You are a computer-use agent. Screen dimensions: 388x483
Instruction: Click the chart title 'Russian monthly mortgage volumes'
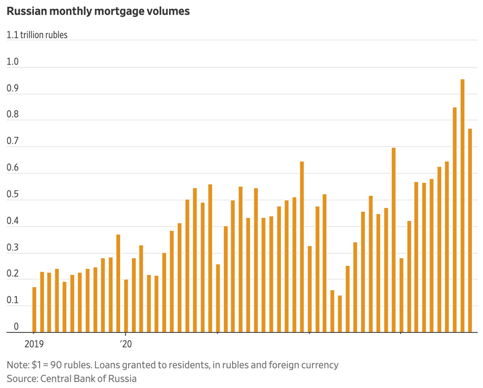(x=98, y=11)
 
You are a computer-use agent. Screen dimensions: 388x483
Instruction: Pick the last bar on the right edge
(x=470, y=230)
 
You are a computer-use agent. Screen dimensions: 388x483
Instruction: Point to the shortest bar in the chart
(x=340, y=313)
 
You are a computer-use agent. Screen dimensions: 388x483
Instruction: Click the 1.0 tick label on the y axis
(x=12, y=62)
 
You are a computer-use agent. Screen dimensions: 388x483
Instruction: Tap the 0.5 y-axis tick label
(x=12, y=195)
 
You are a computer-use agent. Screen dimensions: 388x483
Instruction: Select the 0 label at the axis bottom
(x=16, y=327)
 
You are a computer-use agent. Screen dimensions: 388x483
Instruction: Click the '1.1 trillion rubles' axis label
(x=37, y=35)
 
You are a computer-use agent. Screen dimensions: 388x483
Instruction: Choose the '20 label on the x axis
(x=126, y=344)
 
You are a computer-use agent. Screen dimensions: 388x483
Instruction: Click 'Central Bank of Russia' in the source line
(x=88, y=379)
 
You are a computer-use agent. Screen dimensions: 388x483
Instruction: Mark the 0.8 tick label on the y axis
(x=12, y=115)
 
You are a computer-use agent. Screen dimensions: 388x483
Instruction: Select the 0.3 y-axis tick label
(x=12, y=248)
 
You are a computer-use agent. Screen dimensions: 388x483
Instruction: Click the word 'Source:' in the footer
(x=22, y=379)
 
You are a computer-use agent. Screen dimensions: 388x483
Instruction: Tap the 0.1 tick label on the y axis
(x=12, y=301)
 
